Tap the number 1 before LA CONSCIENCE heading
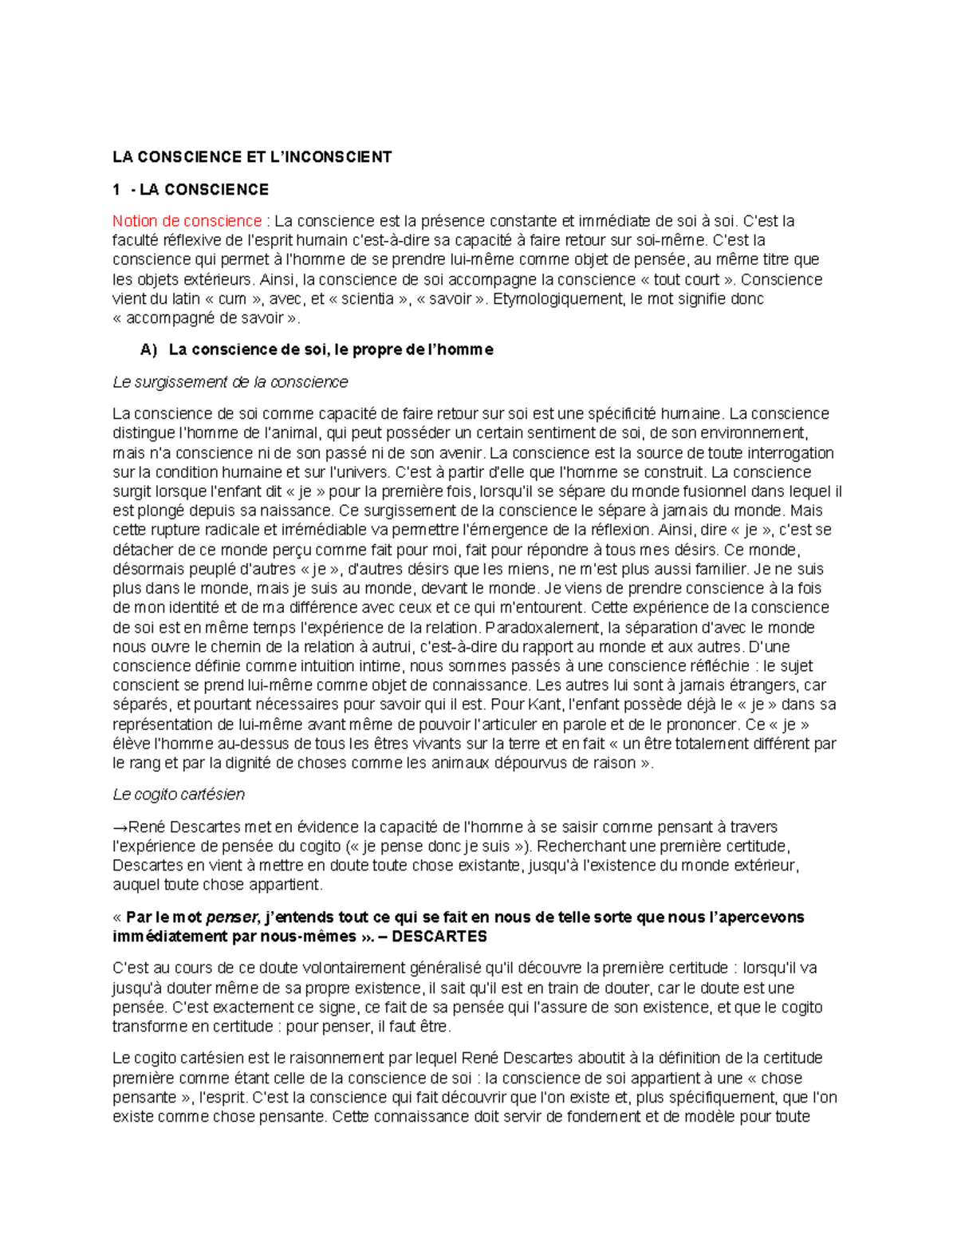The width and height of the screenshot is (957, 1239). point(116,190)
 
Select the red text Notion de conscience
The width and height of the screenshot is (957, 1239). point(187,221)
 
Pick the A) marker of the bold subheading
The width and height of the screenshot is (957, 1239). point(148,350)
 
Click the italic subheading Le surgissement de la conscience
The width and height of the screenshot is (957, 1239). point(230,382)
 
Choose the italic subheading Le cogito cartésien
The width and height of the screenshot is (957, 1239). point(179,795)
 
